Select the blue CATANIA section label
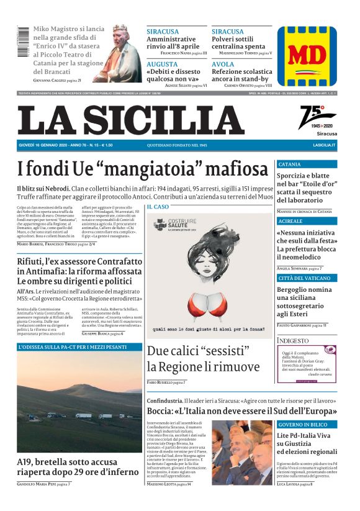(x=289, y=165)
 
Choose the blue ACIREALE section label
(x=290, y=221)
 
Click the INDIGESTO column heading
(x=292, y=341)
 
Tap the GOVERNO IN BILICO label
(x=303, y=424)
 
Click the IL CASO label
(x=158, y=206)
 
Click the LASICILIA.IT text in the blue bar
(x=324, y=145)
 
